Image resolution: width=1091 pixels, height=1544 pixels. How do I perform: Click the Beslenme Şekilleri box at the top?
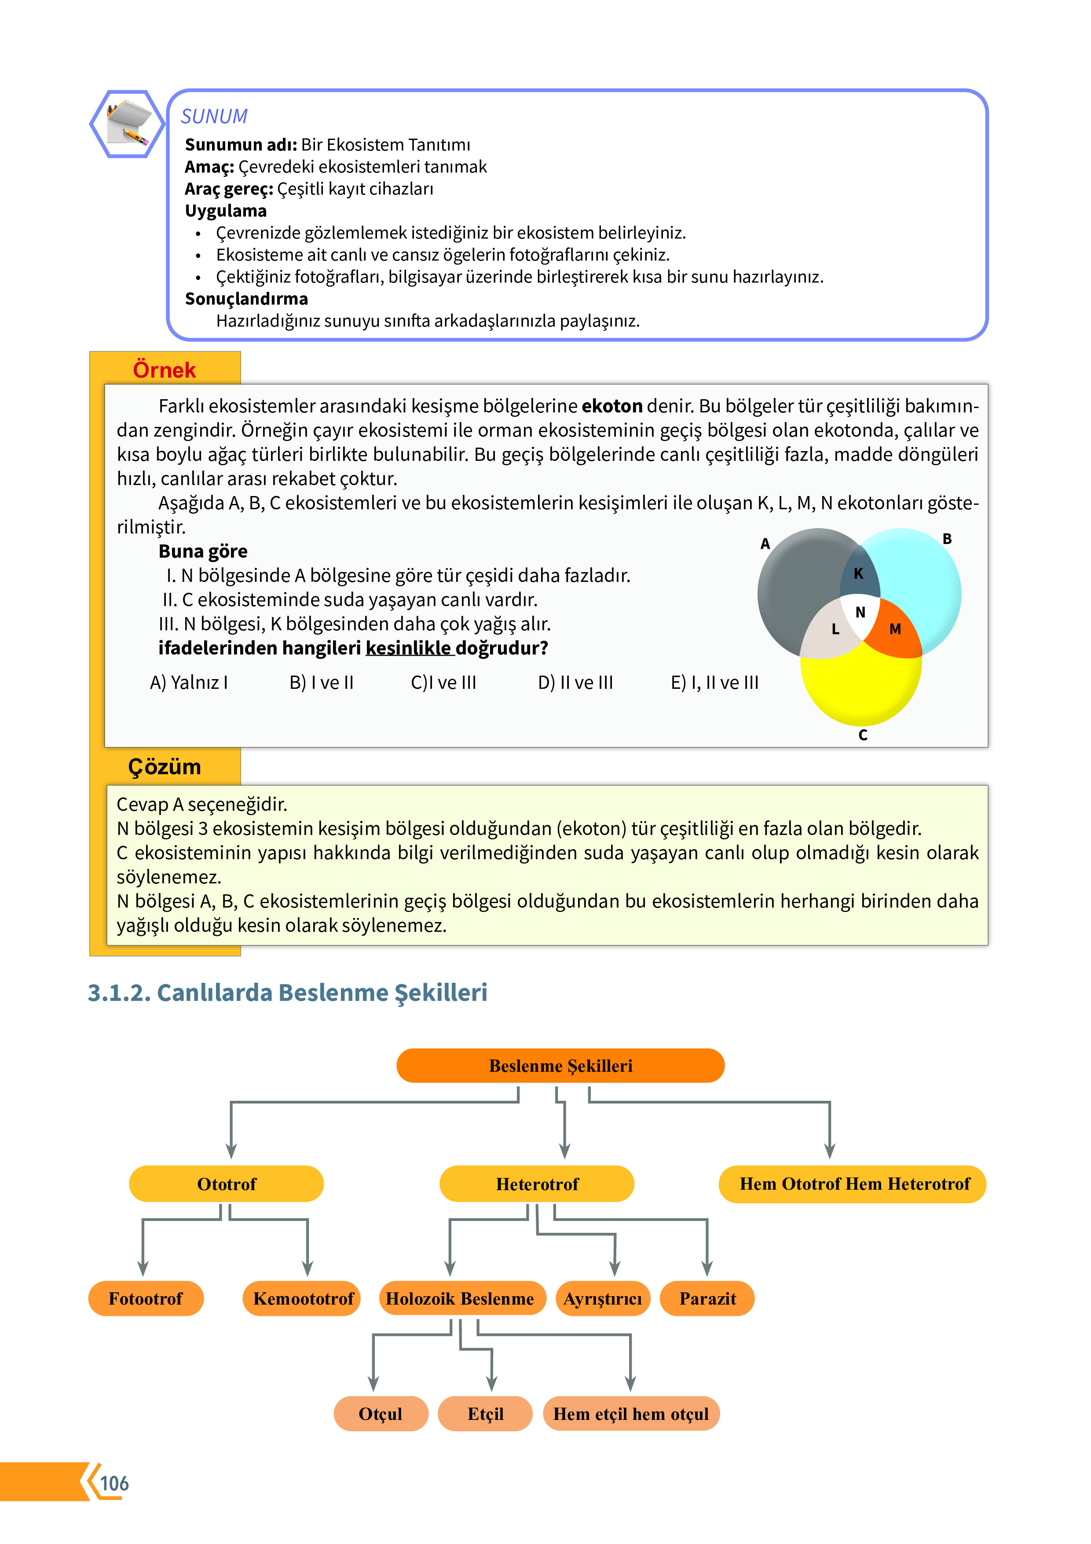point(560,1066)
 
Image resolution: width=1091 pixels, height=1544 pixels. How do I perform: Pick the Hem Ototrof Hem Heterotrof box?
point(853,1184)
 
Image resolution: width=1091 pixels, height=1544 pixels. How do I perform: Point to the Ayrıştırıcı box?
point(602,1298)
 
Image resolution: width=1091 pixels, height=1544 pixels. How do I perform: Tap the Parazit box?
point(707,1298)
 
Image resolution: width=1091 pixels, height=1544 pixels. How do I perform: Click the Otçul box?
point(381,1414)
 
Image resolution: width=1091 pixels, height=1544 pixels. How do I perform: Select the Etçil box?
point(485,1414)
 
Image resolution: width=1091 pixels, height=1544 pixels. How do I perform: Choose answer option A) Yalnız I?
point(189,683)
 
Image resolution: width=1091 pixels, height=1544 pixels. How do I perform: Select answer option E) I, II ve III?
point(714,683)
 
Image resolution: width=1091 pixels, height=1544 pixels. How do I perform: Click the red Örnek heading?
point(164,370)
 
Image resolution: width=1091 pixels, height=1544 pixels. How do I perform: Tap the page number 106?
point(114,1483)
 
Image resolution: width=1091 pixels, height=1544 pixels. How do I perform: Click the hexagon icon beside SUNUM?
point(127,124)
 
